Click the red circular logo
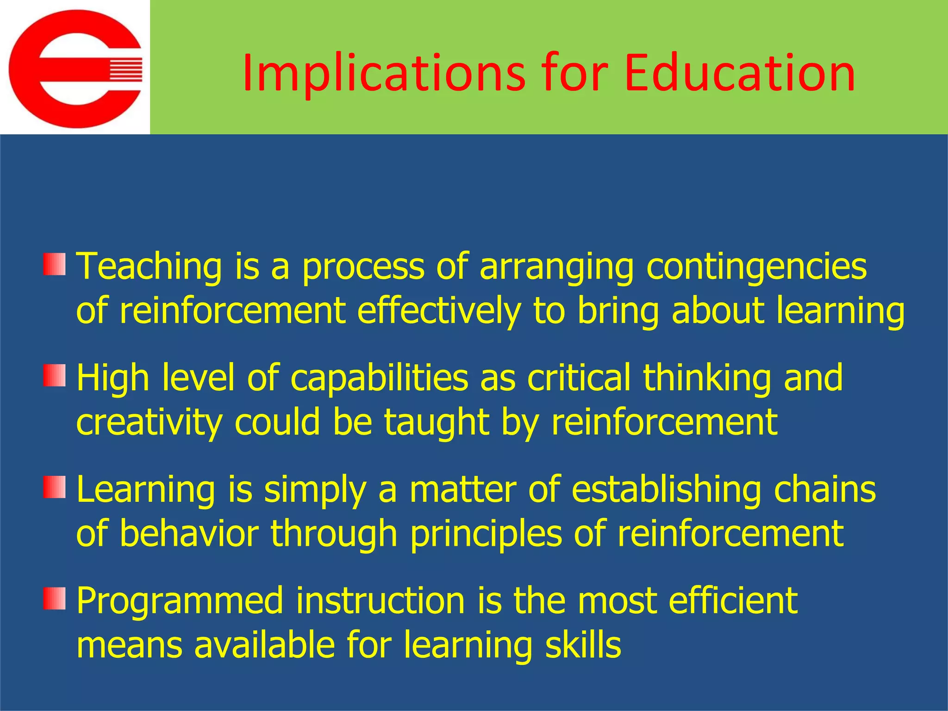[x=75, y=69]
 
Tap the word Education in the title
[x=739, y=73]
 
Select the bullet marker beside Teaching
[x=55, y=264]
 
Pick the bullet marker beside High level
[x=55, y=375]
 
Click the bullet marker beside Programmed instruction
[x=55, y=598]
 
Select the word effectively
[x=439, y=311]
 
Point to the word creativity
[x=149, y=423]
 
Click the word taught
[x=437, y=423]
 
